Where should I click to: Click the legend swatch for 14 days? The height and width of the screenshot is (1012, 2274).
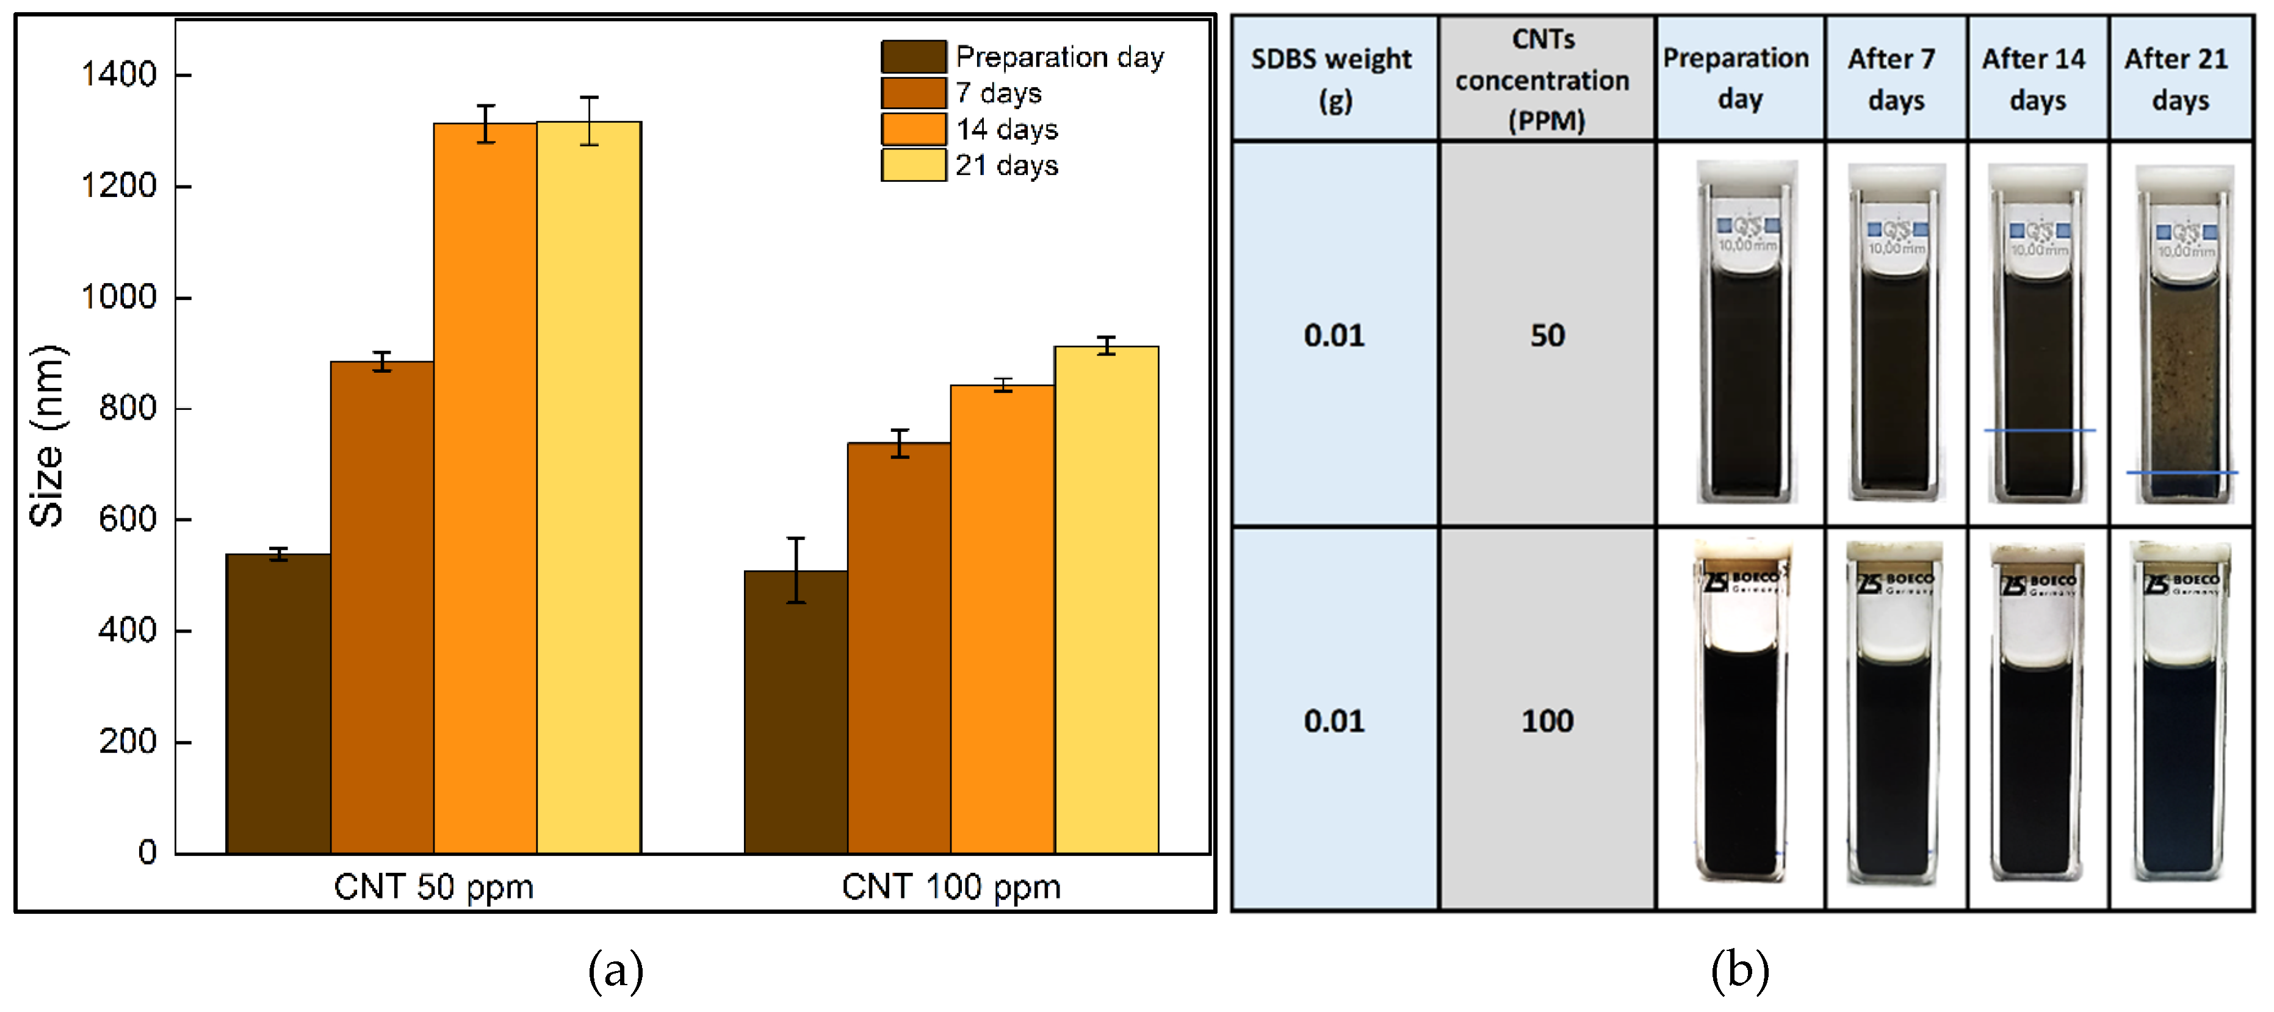point(913,129)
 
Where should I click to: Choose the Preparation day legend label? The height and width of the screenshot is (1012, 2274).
point(1059,57)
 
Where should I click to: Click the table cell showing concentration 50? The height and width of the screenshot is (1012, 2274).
point(1547,336)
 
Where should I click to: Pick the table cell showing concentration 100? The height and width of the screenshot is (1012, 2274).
point(1547,721)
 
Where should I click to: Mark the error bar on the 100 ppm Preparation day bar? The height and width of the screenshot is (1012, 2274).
point(795,570)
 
